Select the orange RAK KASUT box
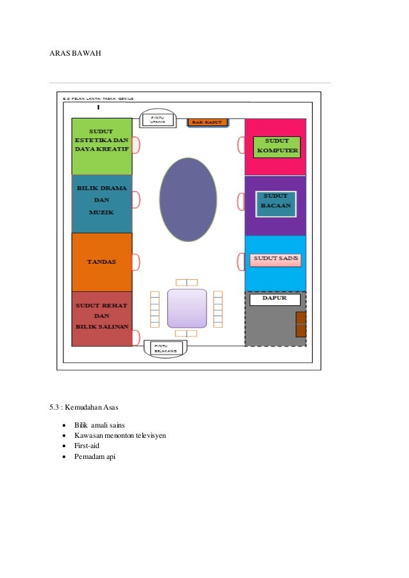click(207, 122)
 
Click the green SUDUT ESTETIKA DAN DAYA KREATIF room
click(101, 146)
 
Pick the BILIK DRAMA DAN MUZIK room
click(101, 204)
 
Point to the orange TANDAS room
click(101, 262)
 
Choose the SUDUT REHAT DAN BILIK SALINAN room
click(101, 319)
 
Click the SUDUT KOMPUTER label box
click(277, 147)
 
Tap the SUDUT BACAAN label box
click(276, 204)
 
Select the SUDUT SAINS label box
click(276, 259)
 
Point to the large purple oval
click(188, 199)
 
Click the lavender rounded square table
click(187, 308)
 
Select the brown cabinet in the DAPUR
click(301, 325)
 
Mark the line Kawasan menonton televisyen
click(120, 435)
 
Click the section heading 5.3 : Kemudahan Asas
click(86, 408)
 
